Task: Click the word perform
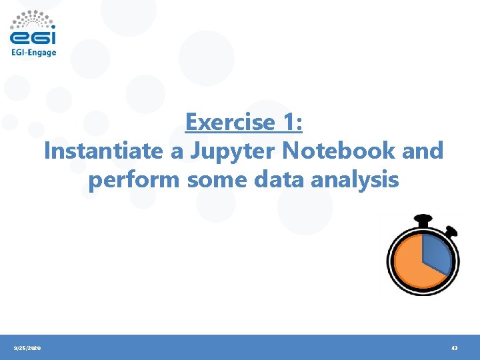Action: point(135,180)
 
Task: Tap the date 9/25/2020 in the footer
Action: point(27,348)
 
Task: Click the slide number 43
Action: point(454,348)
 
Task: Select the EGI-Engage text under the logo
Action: point(33,53)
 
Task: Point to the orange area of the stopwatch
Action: point(410,267)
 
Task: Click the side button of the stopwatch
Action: point(451,232)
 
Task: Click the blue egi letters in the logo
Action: point(33,37)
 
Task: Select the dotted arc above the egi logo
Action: point(33,17)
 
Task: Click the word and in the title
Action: point(423,151)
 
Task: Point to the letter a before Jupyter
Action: point(177,152)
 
